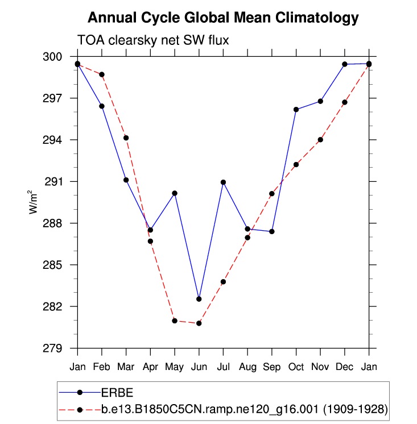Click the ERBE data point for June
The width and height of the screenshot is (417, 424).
coord(199,299)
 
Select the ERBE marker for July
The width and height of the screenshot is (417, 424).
coord(223,182)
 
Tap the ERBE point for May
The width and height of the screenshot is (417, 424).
coord(175,193)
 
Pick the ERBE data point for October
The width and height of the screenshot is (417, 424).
coord(296,109)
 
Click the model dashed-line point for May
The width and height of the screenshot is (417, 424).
coord(175,321)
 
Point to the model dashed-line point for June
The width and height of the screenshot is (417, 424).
coord(199,323)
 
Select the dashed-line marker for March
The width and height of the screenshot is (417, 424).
coord(126,138)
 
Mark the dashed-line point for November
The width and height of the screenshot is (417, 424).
coord(320,140)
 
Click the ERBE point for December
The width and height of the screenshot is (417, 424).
coord(345,64)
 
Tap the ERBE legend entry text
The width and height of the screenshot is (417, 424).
coord(117,392)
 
